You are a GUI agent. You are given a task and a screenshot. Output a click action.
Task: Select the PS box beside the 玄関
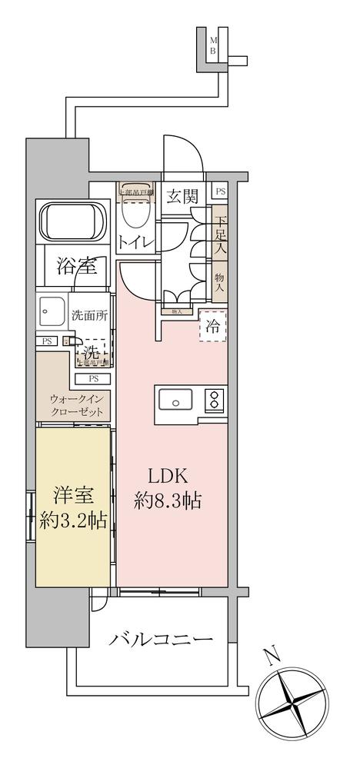coord(220,192)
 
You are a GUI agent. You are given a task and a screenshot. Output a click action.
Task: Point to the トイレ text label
coord(136,243)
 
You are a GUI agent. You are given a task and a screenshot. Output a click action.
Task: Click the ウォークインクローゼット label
coord(76,405)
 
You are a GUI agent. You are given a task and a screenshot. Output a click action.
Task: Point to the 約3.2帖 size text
coord(72,520)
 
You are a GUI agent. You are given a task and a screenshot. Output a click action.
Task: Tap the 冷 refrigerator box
coord(213,326)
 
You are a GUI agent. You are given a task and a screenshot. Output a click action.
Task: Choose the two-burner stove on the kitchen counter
coord(213,401)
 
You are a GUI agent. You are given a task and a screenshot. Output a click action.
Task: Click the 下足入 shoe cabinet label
coord(219,237)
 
